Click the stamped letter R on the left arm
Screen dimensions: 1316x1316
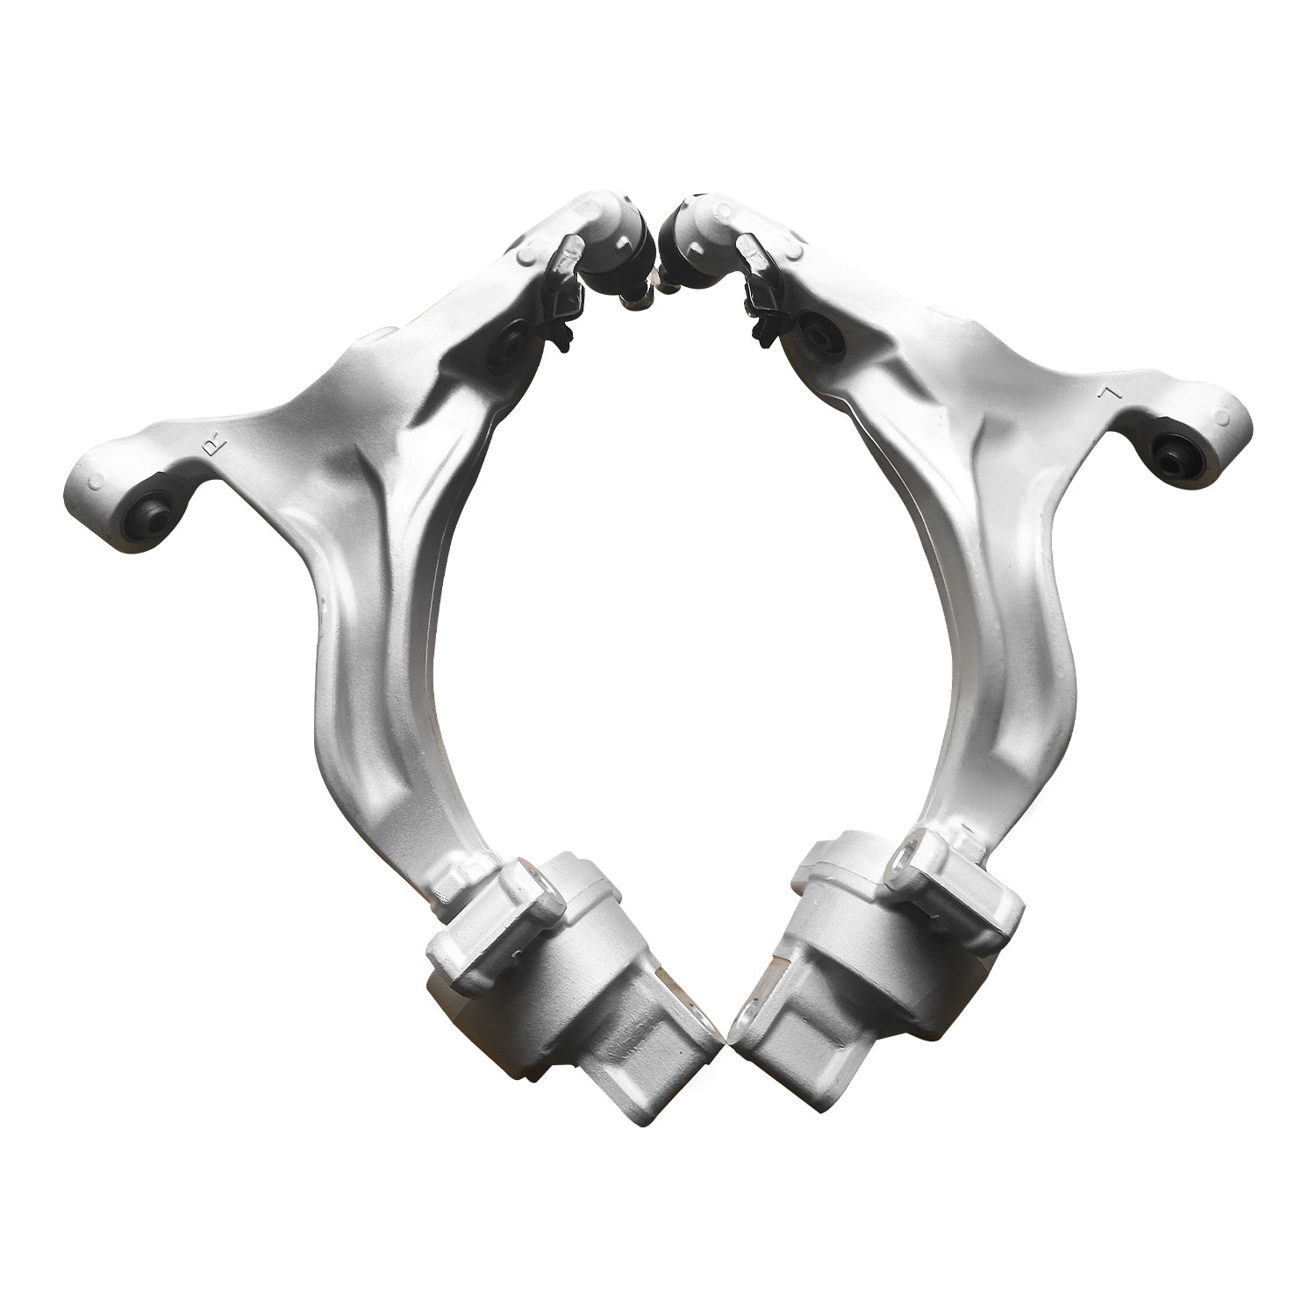(x=211, y=448)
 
